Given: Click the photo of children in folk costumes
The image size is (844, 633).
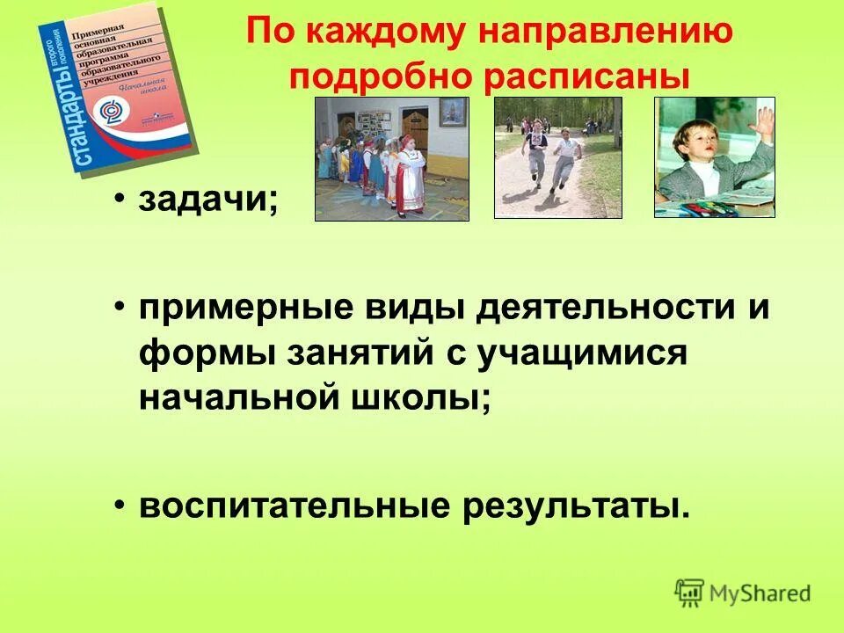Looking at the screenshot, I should [x=392, y=158].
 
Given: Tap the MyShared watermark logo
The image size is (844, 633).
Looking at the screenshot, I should [x=743, y=592].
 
